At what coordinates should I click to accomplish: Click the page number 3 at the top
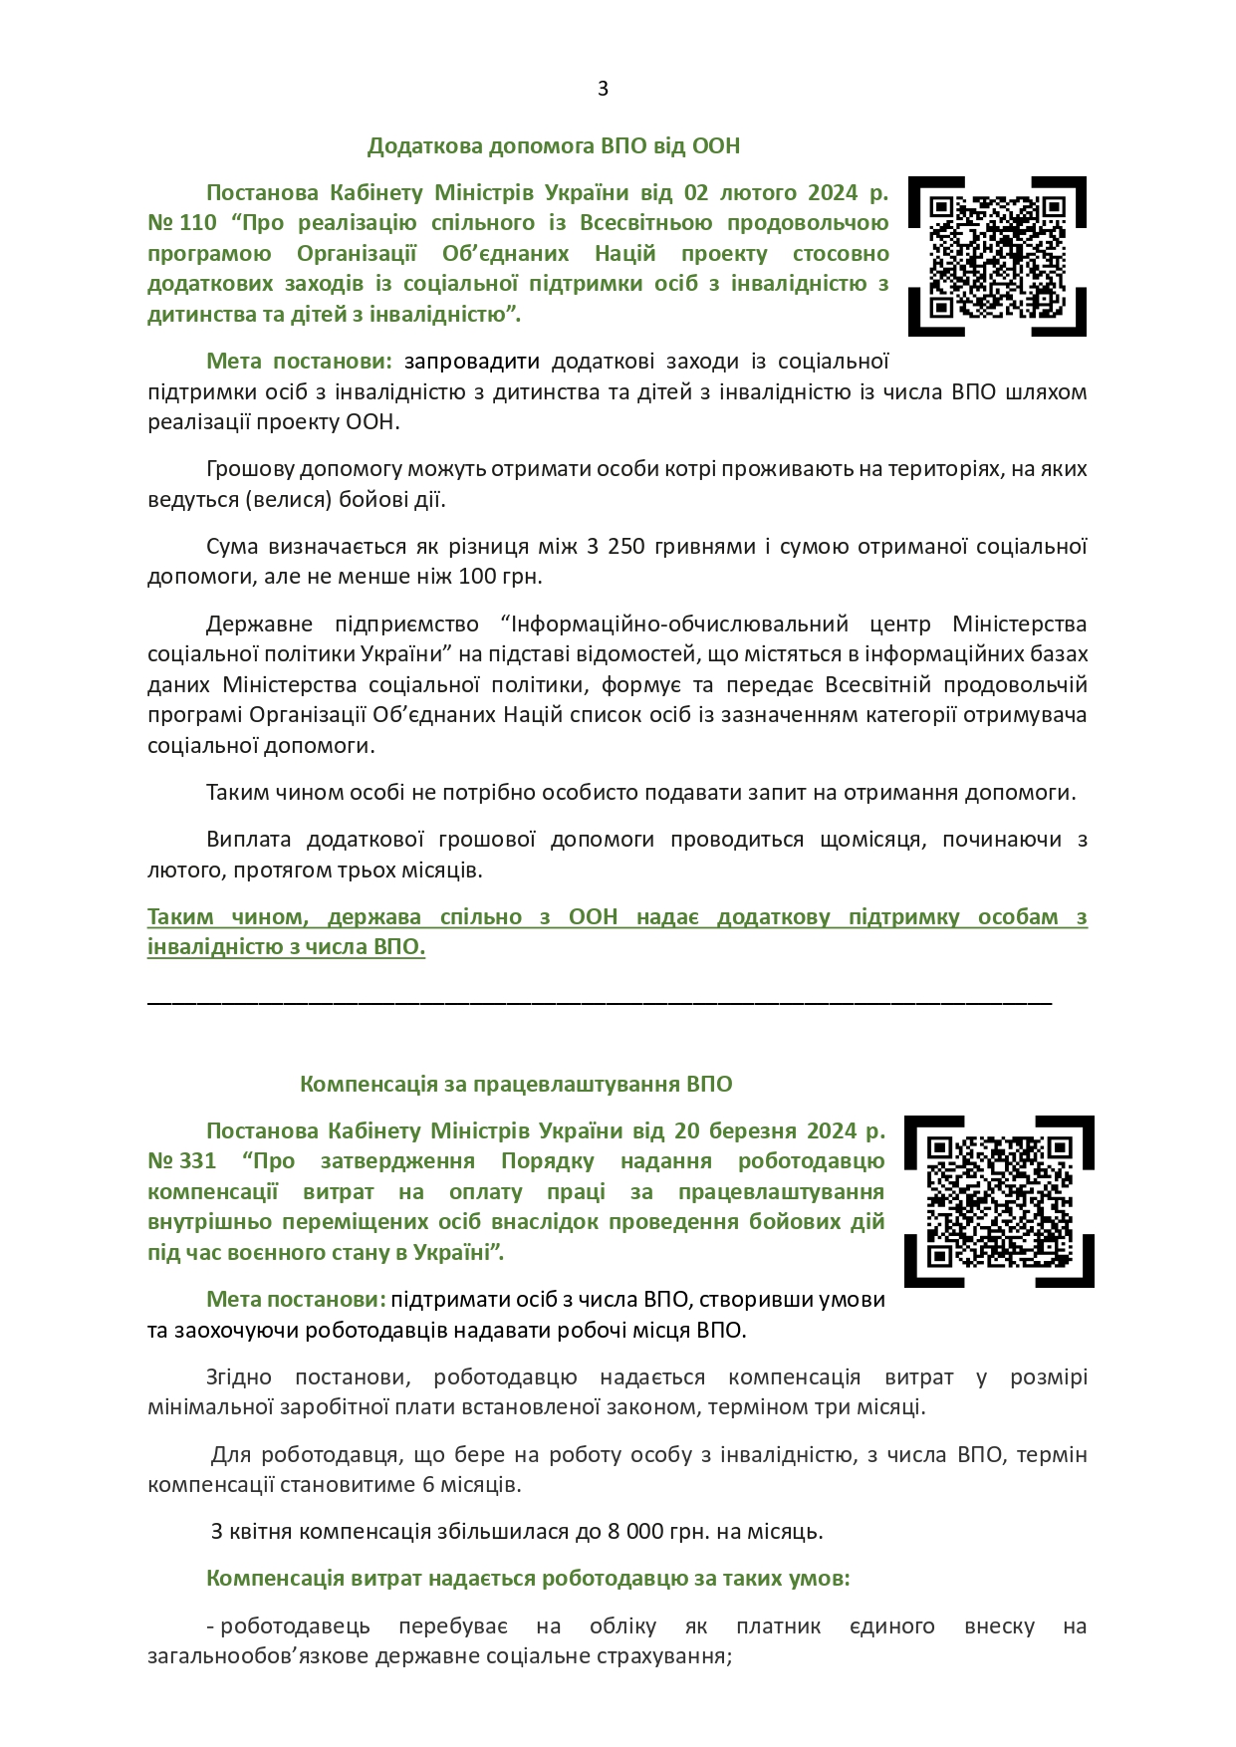click(603, 89)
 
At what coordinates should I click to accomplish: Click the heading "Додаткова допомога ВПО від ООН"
click(554, 146)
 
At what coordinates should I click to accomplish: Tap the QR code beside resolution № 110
click(997, 256)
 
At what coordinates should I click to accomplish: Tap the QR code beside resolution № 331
click(999, 1201)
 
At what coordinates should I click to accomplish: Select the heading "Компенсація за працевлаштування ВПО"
click(516, 1084)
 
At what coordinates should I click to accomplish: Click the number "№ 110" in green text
click(182, 223)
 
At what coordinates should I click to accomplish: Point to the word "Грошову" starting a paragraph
click(248, 469)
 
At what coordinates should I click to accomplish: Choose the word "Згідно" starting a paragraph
click(239, 1377)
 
